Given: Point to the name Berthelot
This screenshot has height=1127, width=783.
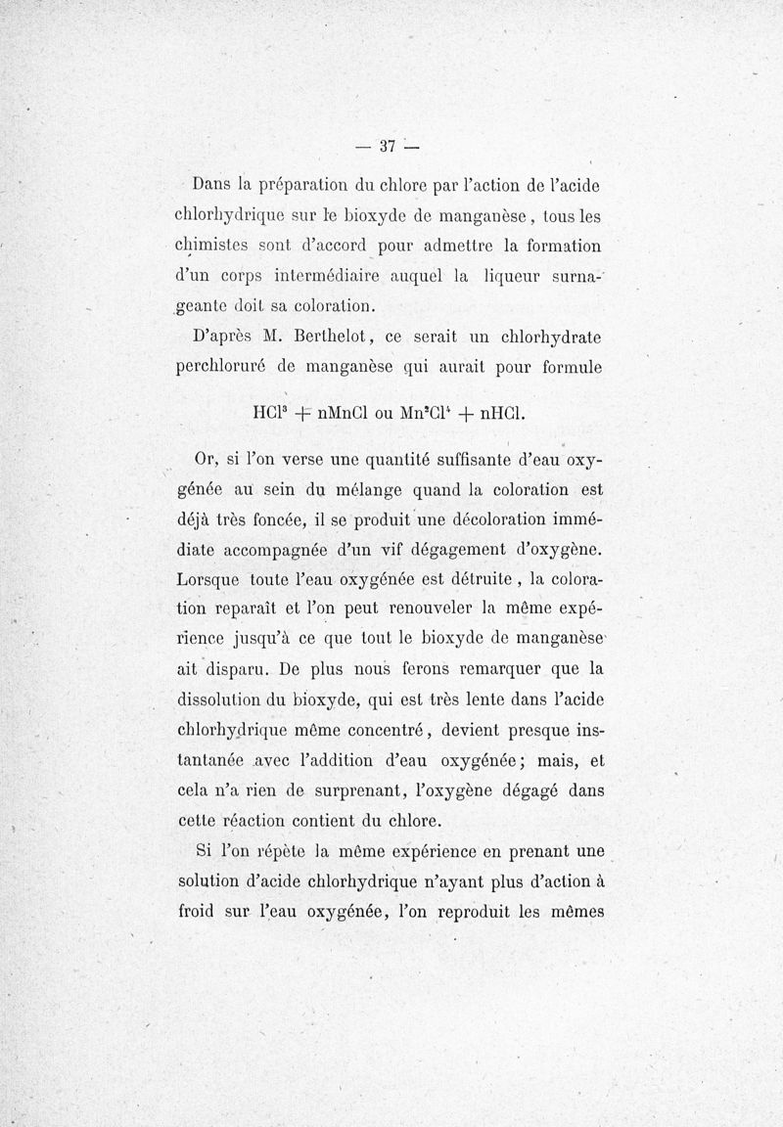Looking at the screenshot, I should (297, 337).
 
